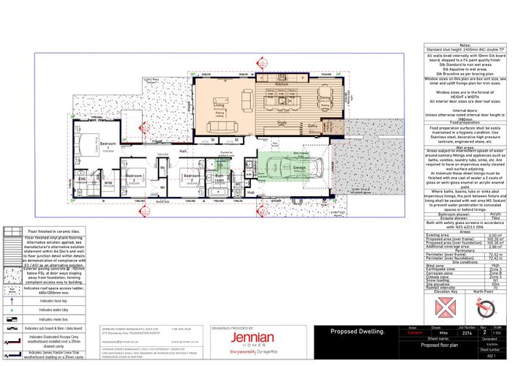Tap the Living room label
pyautogui.click(x=218, y=106)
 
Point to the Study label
pyautogui.click(x=281, y=123)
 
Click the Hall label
pyautogui.click(x=184, y=151)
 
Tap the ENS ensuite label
pyautogui.click(x=82, y=177)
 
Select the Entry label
pyautogui.click(x=312, y=127)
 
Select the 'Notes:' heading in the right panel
pyautogui.click(x=464, y=44)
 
